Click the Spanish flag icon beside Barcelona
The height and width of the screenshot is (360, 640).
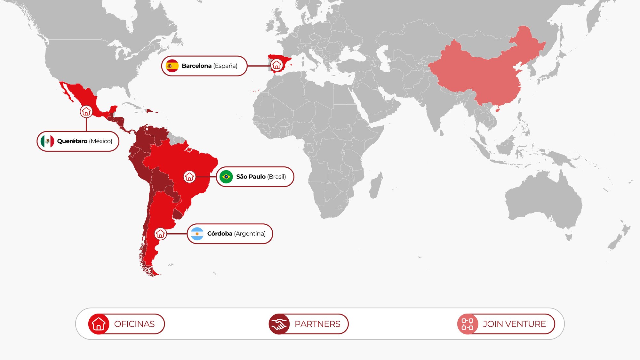(172, 66)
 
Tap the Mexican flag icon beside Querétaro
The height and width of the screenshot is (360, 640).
(47, 141)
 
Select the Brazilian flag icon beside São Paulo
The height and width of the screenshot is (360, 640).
(226, 177)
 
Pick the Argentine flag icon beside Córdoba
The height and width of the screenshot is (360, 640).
(197, 234)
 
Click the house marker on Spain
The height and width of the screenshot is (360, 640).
(276, 65)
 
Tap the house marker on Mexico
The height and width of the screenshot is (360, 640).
(86, 111)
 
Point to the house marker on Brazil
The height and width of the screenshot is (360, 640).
(189, 177)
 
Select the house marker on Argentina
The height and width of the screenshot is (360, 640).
(160, 234)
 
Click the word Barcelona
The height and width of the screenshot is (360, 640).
(196, 66)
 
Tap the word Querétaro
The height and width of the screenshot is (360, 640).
(72, 141)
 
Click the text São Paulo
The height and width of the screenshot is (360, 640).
(251, 177)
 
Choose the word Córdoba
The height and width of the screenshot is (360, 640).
(220, 234)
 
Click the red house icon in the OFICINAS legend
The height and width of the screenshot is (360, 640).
(99, 324)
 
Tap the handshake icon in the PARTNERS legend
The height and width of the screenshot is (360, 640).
(279, 324)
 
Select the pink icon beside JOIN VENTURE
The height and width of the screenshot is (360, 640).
(468, 324)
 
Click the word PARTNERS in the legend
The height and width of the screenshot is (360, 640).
(317, 324)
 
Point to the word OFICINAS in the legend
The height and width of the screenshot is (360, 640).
(134, 324)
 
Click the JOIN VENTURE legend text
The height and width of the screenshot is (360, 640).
(514, 324)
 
